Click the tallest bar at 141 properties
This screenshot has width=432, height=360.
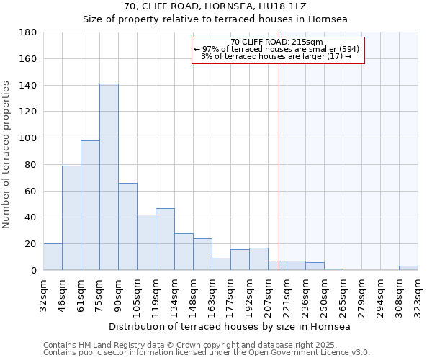point(109,177)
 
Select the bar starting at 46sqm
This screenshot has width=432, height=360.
point(71,217)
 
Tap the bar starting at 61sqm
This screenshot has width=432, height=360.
point(90,205)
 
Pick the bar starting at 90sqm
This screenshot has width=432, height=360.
point(127,226)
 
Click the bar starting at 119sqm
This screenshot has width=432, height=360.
point(165,239)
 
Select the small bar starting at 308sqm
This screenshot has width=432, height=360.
point(408,268)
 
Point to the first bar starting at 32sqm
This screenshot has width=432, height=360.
point(53,257)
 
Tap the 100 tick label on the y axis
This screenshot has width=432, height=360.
point(29,138)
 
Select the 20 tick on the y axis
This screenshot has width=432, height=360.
point(32,244)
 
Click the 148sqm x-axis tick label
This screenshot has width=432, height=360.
point(193,292)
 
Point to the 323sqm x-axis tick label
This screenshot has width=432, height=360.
point(418,292)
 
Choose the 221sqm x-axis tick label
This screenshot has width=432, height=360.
point(287,292)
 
